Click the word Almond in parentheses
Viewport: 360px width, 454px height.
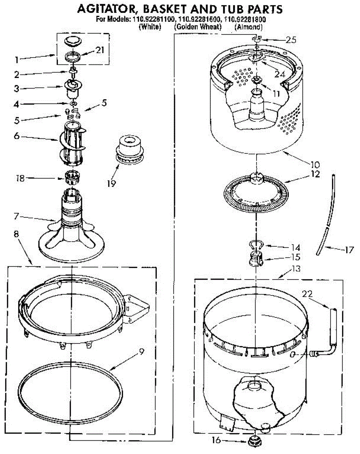tap(248, 27)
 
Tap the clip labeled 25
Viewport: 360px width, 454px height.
tap(257, 39)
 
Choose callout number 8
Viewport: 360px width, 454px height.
tap(16, 234)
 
